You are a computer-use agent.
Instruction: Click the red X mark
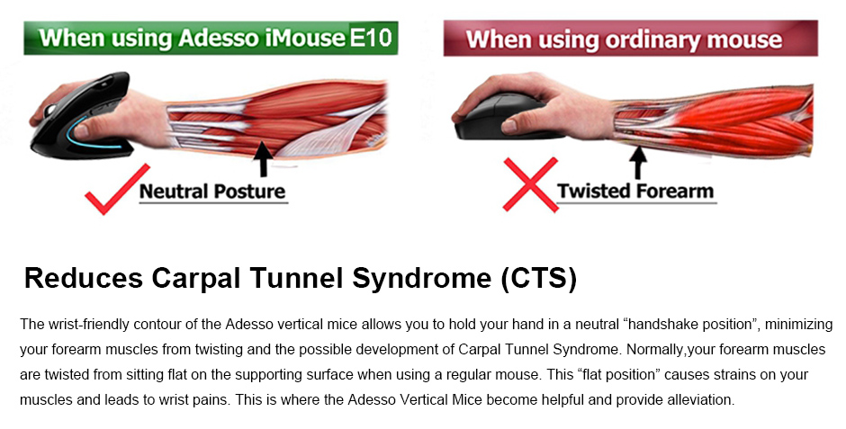pyautogui.click(x=530, y=184)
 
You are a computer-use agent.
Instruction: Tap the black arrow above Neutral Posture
pyautogui.click(x=264, y=158)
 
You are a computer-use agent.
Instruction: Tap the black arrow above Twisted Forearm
pyautogui.click(x=638, y=162)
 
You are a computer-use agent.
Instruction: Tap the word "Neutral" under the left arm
pyautogui.click(x=173, y=192)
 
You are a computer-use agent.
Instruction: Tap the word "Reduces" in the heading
pyautogui.click(x=84, y=278)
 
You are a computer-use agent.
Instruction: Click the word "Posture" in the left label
pyautogui.click(x=249, y=192)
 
